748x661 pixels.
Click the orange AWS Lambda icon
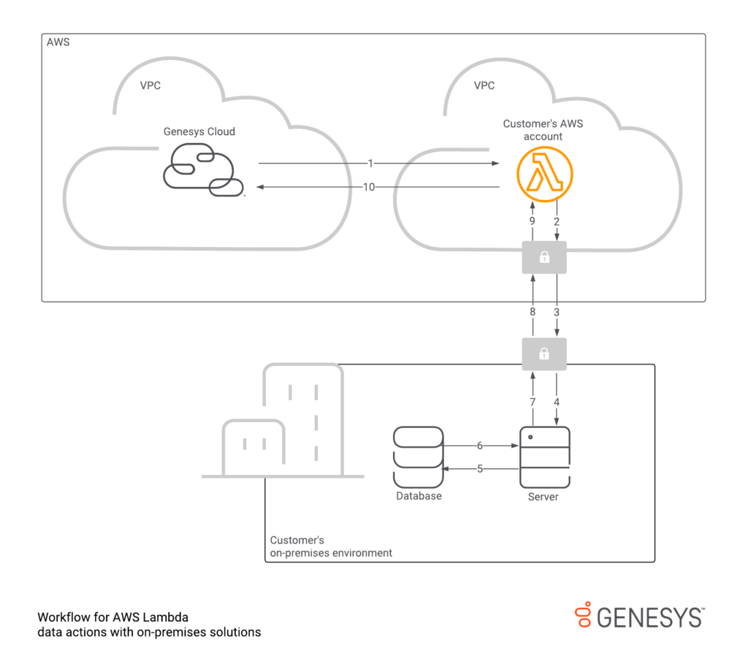pyautogui.click(x=544, y=176)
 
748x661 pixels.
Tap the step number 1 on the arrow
pyautogui.click(x=370, y=164)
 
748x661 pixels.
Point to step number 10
pyautogui.click(x=369, y=188)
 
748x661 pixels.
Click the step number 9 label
pyautogui.click(x=533, y=221)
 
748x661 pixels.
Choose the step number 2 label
pyautogui.click(x=557, y=221)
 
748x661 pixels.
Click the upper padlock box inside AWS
pyautogui.click(x=544, y=258)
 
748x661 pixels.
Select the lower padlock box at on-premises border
pyautogui.click(x=544, y=354)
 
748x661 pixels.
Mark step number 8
pyautogui.click(x=533, y=312)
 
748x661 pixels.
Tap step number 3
pyautogui.click(x=557, y=312)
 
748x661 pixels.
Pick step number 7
pyautogui.click(x=533, y=402)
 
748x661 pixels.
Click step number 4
pyautogui.click(x=557, y=402)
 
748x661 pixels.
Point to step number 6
pyautogui.click(x=480, y=446)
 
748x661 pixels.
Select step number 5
pyautogui.click(x=480, y=469)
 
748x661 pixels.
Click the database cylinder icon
pyautogui.click(x=418, y=457)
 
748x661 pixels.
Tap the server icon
pyautogui.click(x=544, y=457)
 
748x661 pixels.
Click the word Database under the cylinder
pyautogui.click(x=419, y=496)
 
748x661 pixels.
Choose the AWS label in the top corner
pyautogui.click(x=58, y=42)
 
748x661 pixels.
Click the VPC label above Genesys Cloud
pyautogui.click(x=150, y=85)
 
